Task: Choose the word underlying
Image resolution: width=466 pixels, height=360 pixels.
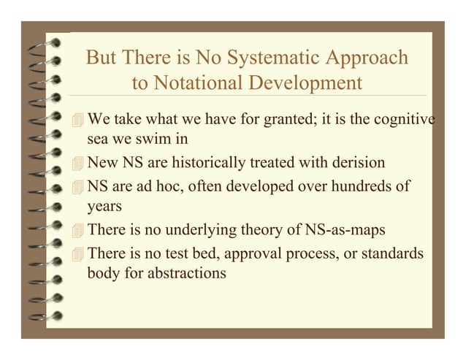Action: pos(217,231)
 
